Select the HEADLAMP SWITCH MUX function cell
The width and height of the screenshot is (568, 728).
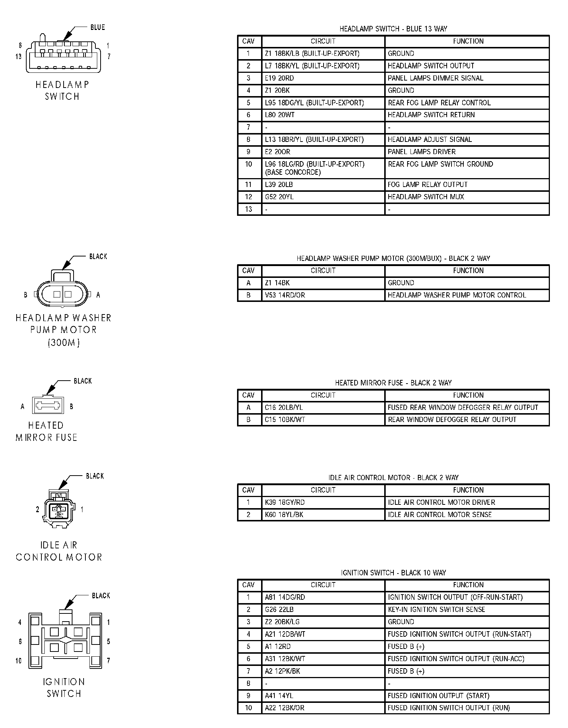(426, 197)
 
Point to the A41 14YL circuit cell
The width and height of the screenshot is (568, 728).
(279, 695)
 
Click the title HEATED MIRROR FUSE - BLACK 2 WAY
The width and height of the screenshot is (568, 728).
(393, 383)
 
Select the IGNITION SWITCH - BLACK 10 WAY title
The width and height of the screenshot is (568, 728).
(393, 573)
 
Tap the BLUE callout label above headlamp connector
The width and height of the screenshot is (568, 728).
(98, 27)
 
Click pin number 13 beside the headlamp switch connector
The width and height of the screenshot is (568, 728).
(18, 57)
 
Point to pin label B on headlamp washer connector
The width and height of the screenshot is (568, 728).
(26, 295)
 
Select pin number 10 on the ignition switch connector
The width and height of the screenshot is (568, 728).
(18, 661)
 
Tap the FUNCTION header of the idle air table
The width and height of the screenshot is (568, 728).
(468, 490)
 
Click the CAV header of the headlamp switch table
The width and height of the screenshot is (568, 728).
(248, 41)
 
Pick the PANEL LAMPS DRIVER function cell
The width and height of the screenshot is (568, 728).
(422, 152)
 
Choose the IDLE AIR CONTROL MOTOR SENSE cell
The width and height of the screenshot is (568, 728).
(440, 515)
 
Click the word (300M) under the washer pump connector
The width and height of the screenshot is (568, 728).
(64, 343)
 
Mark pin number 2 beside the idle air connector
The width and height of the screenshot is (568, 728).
(37, 510)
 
